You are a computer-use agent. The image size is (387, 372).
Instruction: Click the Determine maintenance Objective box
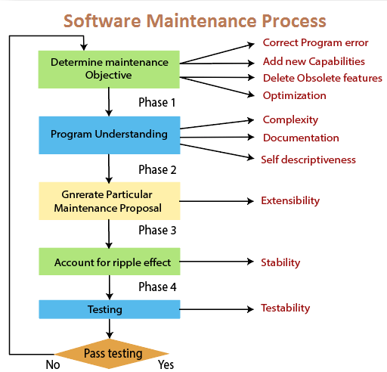point(109,70)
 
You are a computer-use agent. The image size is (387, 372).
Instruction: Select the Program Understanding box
point(110,135)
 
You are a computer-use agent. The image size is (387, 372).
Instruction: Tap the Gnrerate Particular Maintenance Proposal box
point(110,201)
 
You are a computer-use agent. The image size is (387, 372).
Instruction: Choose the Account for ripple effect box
point(110,262)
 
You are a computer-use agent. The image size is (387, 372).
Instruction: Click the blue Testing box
point(110,309)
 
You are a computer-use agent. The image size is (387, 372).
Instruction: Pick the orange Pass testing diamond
point(111,354)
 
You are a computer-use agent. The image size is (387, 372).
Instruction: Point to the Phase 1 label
point(156,102)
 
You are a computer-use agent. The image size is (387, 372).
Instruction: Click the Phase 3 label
point(157,230)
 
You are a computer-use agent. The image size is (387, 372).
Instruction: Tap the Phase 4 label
point(157,287)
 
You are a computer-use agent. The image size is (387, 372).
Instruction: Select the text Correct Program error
point(315,43)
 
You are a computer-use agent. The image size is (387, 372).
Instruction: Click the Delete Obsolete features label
point(323,78)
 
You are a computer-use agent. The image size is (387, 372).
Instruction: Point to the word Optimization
point(295,96)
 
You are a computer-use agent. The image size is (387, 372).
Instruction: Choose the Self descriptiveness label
point(308,160)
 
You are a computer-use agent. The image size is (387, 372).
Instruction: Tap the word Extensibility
point(290,201)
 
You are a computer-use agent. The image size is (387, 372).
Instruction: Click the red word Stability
point(280,262)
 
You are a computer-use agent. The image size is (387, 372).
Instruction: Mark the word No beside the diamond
point(53,364)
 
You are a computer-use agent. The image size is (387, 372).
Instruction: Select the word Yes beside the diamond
point(166,364)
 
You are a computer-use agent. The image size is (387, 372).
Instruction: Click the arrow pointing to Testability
point(216,309)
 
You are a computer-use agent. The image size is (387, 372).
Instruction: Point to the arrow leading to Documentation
point(217,137)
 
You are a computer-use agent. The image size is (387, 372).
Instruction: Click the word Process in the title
point(294,21)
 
